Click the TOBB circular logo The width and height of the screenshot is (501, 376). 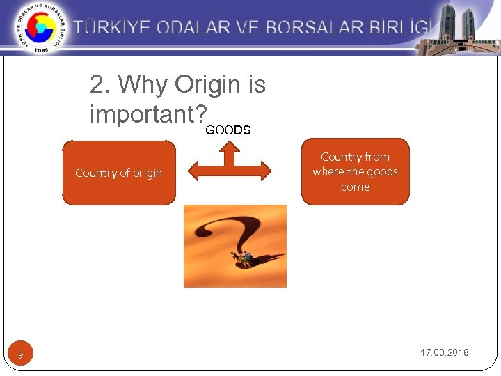(40, 28)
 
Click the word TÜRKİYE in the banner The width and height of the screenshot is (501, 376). (113, 28)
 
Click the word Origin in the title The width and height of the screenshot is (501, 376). (207, 85)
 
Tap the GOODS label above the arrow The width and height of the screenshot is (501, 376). (228, 130)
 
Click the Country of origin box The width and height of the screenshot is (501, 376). (119, 173)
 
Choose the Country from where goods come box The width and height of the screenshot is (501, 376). (355, 172)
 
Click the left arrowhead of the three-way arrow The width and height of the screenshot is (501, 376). (196, 171)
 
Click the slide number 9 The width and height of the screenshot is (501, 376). (21, 356)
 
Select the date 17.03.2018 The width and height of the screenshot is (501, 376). (444, 352)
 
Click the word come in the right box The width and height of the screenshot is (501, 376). (355, 187)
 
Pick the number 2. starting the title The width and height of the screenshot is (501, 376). (101, 85)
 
